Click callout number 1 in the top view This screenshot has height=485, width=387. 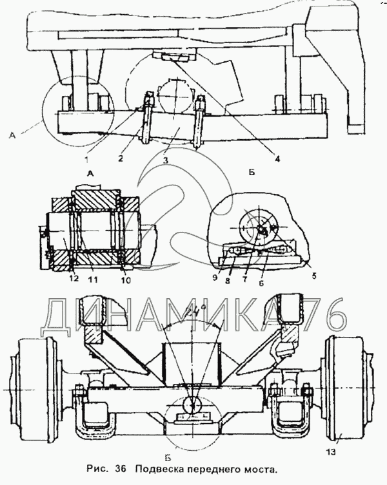[87, 160]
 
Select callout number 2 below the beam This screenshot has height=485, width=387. [121, 158]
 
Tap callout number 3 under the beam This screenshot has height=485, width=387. [166, 160]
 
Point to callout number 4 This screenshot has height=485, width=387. [277, 158]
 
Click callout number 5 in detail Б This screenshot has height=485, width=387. [314, 276]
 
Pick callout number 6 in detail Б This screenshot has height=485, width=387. [261, 282]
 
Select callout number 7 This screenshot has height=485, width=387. [244, 280]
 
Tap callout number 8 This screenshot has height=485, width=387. [228, 281]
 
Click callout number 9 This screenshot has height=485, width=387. [215, 278]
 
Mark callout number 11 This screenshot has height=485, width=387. [93, 280]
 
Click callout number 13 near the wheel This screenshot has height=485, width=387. [331, 452]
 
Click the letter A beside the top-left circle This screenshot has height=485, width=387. [12, 135]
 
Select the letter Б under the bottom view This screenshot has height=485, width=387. [168, 457]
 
